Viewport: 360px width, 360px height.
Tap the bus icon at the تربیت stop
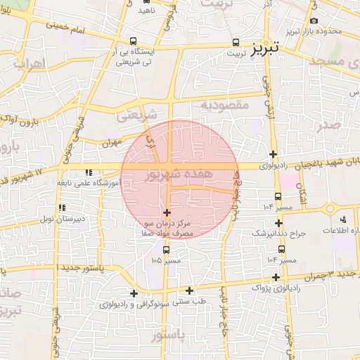235,41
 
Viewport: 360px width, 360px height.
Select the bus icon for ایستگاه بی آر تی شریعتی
134,41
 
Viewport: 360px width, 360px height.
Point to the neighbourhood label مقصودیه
225,105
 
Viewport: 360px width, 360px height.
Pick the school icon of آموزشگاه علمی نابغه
89,172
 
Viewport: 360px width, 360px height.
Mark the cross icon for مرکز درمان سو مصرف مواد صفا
167,212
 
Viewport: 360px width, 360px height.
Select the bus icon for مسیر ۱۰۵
166,249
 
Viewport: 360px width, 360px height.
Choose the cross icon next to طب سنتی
189,290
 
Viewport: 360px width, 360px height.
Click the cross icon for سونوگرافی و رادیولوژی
134,293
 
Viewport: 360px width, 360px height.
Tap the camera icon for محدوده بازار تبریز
314,20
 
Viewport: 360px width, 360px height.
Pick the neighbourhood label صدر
328,124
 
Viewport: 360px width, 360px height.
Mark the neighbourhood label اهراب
29,64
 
